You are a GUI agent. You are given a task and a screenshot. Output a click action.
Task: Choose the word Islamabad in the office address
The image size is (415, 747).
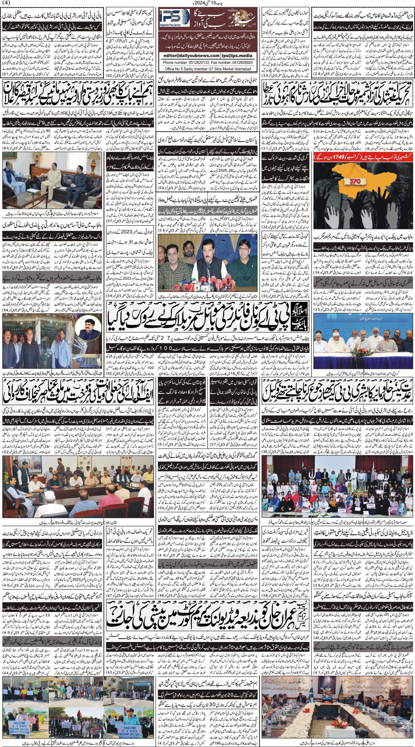coord(240,69)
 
